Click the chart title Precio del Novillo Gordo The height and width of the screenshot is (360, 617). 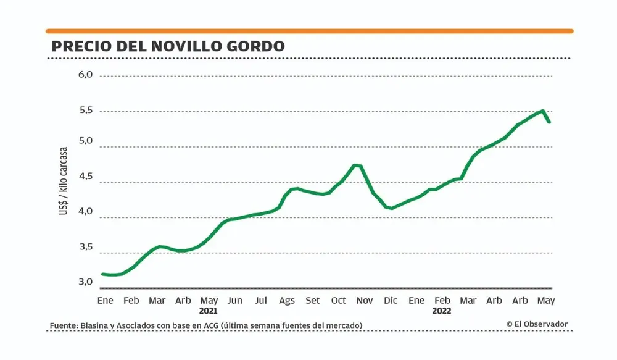(x=168, y=46)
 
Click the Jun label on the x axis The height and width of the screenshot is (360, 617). (x=234, y=301)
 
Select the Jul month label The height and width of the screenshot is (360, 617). (x=260, y=301)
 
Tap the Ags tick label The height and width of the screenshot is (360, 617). (x=286, y=301)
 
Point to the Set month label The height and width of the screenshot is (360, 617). (x=312, y=301)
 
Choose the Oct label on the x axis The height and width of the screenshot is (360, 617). (x=338, y=301)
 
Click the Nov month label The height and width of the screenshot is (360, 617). (x=365, y=301)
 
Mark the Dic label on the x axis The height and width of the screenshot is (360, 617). (x=391, y=301)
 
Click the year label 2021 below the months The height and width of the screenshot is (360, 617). (x=209, y=311)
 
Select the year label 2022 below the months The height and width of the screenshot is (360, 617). (x=442, y=311)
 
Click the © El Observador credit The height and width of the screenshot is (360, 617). (x=537, y=324)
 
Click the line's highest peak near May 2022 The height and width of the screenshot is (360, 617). (x=542, y=111)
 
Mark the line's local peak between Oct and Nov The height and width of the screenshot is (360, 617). (x=355, y=165)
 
